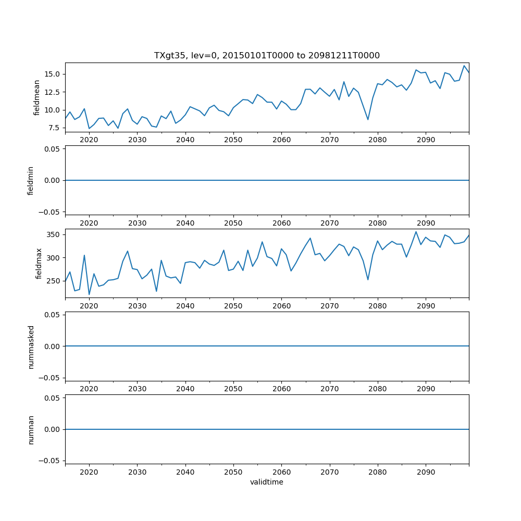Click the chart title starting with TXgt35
tap(267, 55)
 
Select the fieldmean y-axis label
tap(36, 97)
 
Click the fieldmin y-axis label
tap(31, 180)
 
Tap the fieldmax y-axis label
tap(39, 263)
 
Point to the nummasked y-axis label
tap(31, 346)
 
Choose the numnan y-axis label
tap(31, 429)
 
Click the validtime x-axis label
tap(267, 482)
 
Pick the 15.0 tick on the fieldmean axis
tap(53, 74)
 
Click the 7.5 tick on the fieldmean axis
tap(54, 128)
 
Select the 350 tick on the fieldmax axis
tap(54, 234)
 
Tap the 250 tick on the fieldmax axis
tap(54, 281)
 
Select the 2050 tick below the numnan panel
tap(233, 473)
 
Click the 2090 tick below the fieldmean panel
tap(426, 140)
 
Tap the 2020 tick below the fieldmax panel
tap(89, 306)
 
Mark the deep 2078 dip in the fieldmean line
tap(368, 120)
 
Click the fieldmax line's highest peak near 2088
tap(416, 232)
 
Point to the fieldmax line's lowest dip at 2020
tap(89, 294)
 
